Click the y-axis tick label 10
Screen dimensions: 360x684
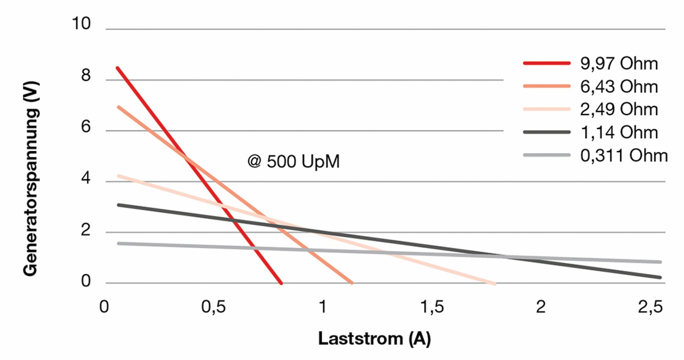tap(81, 24)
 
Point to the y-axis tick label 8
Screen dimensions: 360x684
tap(86, 75)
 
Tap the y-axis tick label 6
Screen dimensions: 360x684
tap(86, 127)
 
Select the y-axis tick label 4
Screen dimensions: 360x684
tap(86, 178)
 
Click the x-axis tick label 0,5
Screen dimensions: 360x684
tap(213, 307)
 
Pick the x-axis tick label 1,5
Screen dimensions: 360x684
tap(432, 307)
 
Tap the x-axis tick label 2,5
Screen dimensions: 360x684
tap(650, 307)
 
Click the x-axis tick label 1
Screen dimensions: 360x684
tap(323, 307)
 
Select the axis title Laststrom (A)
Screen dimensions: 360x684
tap(374, 338)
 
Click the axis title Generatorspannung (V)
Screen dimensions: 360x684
tap(31, 178)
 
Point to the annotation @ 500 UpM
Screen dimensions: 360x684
tap(293, 161)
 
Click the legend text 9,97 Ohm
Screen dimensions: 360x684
tap(619, 64)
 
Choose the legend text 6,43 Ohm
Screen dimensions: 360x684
tap(619, 86)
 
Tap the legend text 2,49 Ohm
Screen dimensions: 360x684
tap(619, 110)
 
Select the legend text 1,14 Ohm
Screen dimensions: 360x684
tap(619, 132)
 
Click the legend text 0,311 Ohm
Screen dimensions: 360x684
tap(624, 155)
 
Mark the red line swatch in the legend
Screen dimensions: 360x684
tap(547, 63)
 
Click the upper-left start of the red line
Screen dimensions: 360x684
tap(117, 68)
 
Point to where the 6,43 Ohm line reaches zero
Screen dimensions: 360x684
tap(352, 283)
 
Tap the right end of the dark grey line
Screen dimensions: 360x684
tap(660, 277)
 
